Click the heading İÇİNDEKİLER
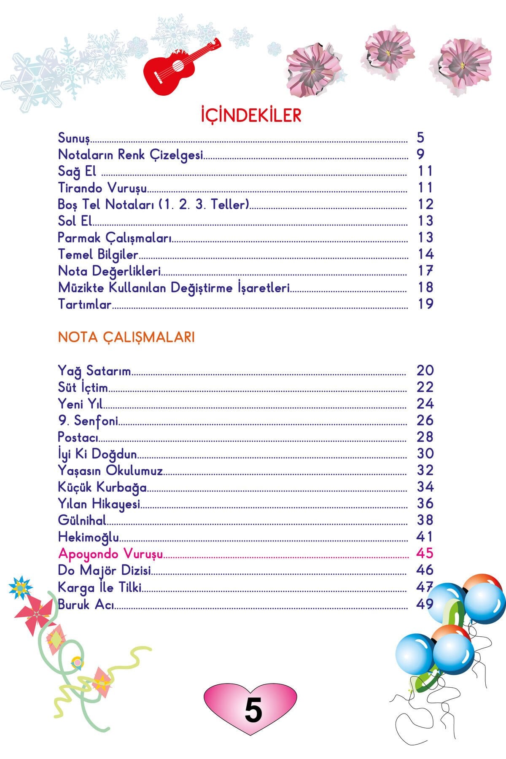coord(251,115)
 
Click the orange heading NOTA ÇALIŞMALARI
coord(126,337)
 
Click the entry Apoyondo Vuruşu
coord(110,554)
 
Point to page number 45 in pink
coord(425,553)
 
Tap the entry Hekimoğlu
coord(89,537)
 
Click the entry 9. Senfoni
coord(88,420)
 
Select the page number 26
coord(425,420)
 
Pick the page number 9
coord(420,154)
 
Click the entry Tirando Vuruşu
coord(102,188)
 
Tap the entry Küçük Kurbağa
coord(102,487)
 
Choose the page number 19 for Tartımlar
coord(425,304)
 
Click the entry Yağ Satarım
coord(94,371)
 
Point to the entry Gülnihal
coord(82,520)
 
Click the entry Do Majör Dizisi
coord(105,570)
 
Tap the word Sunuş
coord(74,138)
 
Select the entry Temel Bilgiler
coord(98,254)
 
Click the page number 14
coord(425,254)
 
